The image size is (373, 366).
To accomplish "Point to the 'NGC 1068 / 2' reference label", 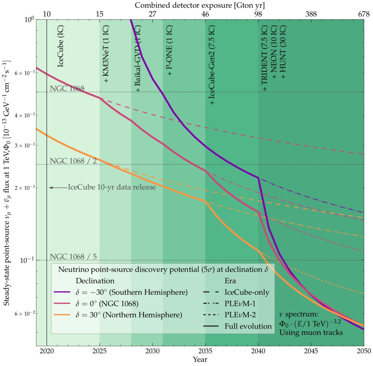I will pos(73,161).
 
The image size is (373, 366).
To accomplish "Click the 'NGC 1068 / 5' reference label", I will pos(73,256).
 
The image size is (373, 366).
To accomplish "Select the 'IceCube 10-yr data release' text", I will pos(112,187).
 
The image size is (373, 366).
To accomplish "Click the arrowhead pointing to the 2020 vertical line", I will pos(50,188).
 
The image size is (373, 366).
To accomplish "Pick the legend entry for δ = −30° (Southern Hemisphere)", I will pos(124,292).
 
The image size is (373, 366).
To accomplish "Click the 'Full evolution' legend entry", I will pos(248,326).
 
